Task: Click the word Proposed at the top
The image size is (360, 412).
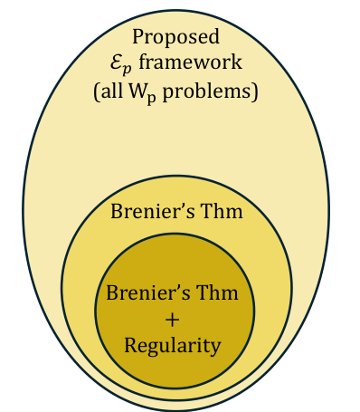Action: pyautogui.click(x=176, y=36)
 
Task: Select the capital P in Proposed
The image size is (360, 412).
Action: pyautogui.click(x=139, y=36)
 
